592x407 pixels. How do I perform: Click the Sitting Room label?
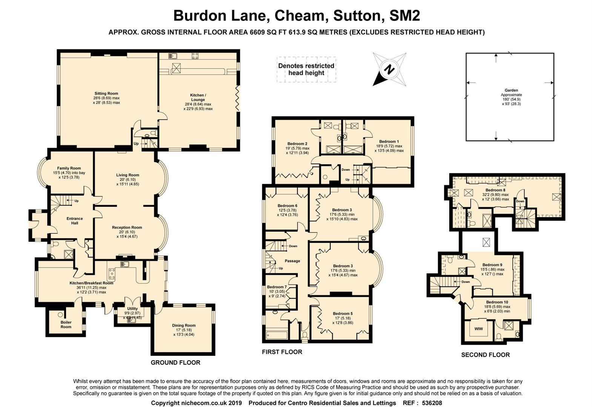106,93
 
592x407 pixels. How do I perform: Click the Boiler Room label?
66,324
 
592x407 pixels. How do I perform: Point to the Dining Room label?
184,325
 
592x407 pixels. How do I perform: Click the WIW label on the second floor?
478,329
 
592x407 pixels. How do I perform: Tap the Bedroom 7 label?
277,287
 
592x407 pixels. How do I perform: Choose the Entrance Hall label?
75,221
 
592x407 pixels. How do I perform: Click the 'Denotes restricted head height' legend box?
306,69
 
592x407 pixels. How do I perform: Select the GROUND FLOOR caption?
175,363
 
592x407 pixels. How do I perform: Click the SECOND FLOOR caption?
485,355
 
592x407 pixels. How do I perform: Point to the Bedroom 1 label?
389,142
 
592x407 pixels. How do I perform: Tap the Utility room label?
132,309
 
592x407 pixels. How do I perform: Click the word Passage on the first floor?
292,261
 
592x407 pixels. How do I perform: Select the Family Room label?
69,168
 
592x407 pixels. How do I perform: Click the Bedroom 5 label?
343,314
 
